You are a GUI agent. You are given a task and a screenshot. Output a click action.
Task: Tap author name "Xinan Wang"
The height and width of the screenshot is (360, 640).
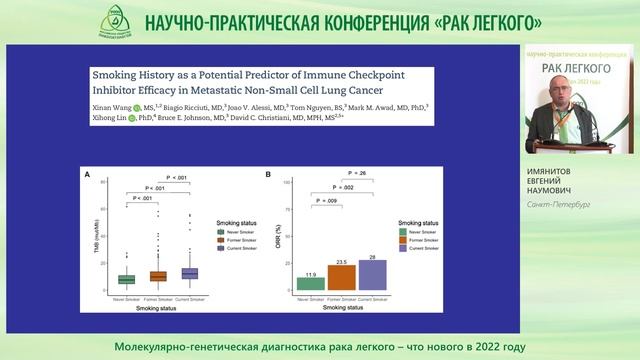tap(118, 104)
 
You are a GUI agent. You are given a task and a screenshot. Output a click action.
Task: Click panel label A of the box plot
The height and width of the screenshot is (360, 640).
tap(88, 177)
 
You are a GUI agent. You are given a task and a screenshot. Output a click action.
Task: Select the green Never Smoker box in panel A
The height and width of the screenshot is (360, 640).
tap(126, 279)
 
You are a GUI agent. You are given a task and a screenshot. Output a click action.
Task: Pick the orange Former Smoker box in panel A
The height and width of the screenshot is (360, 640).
tap(158, 275)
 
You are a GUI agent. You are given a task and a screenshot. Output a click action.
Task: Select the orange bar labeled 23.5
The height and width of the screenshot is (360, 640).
tap(343, 278)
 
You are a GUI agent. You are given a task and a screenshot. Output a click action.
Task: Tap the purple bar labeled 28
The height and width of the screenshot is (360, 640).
tap(373, 275)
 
